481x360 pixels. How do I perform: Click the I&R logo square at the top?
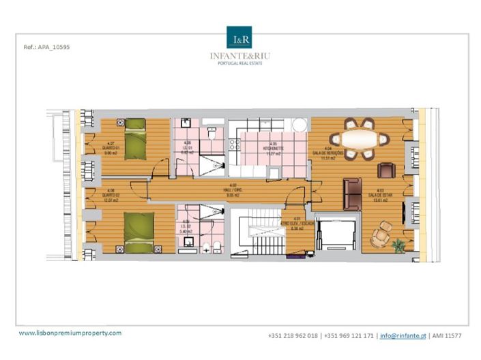pyautogui.click(x=239, y=37)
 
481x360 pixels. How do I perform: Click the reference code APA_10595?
pyautogui.click(x=47, y=48)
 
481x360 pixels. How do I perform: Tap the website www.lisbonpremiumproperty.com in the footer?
pyautogui.click(x=70, y=333)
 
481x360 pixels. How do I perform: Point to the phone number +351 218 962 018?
pyautogui.click(x=294, y=335)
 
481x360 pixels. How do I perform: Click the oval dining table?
pyautogui.click(x=360, y=139)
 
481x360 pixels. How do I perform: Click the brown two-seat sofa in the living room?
pyautogui.click(x=352, y=194)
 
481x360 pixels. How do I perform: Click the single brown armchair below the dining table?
pyautogui.click(x=386, y=170)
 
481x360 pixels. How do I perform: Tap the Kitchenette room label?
pyautogui.click(x=273, y=147)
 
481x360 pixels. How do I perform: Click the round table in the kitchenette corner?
pyautogui.click(x=297, y=125)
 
